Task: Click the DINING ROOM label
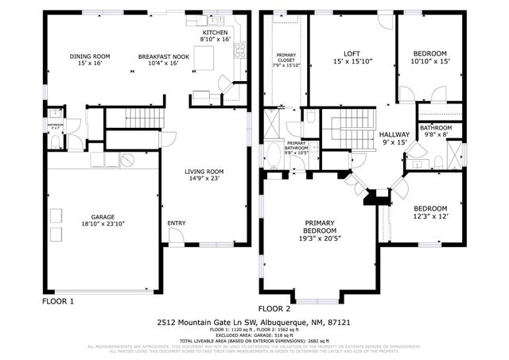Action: [x=89, y=56]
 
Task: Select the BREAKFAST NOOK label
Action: [x=163, y=56]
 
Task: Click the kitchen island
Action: [x=206, y=59]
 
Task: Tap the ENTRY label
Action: [x=176, y=222]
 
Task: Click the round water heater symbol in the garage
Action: [x=128, y=161]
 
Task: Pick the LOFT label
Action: [x=353, y=54]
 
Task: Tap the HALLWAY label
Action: [x=393, y=134]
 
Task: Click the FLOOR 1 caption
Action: [x=58, y=301]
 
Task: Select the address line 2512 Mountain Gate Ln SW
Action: [x=254, y=322]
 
